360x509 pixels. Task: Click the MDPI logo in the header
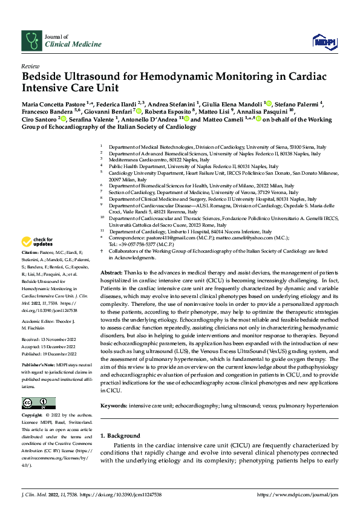point(324,41)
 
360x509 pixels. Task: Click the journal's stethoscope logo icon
point(31,41)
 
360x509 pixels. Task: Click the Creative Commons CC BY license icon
point(39,403)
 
